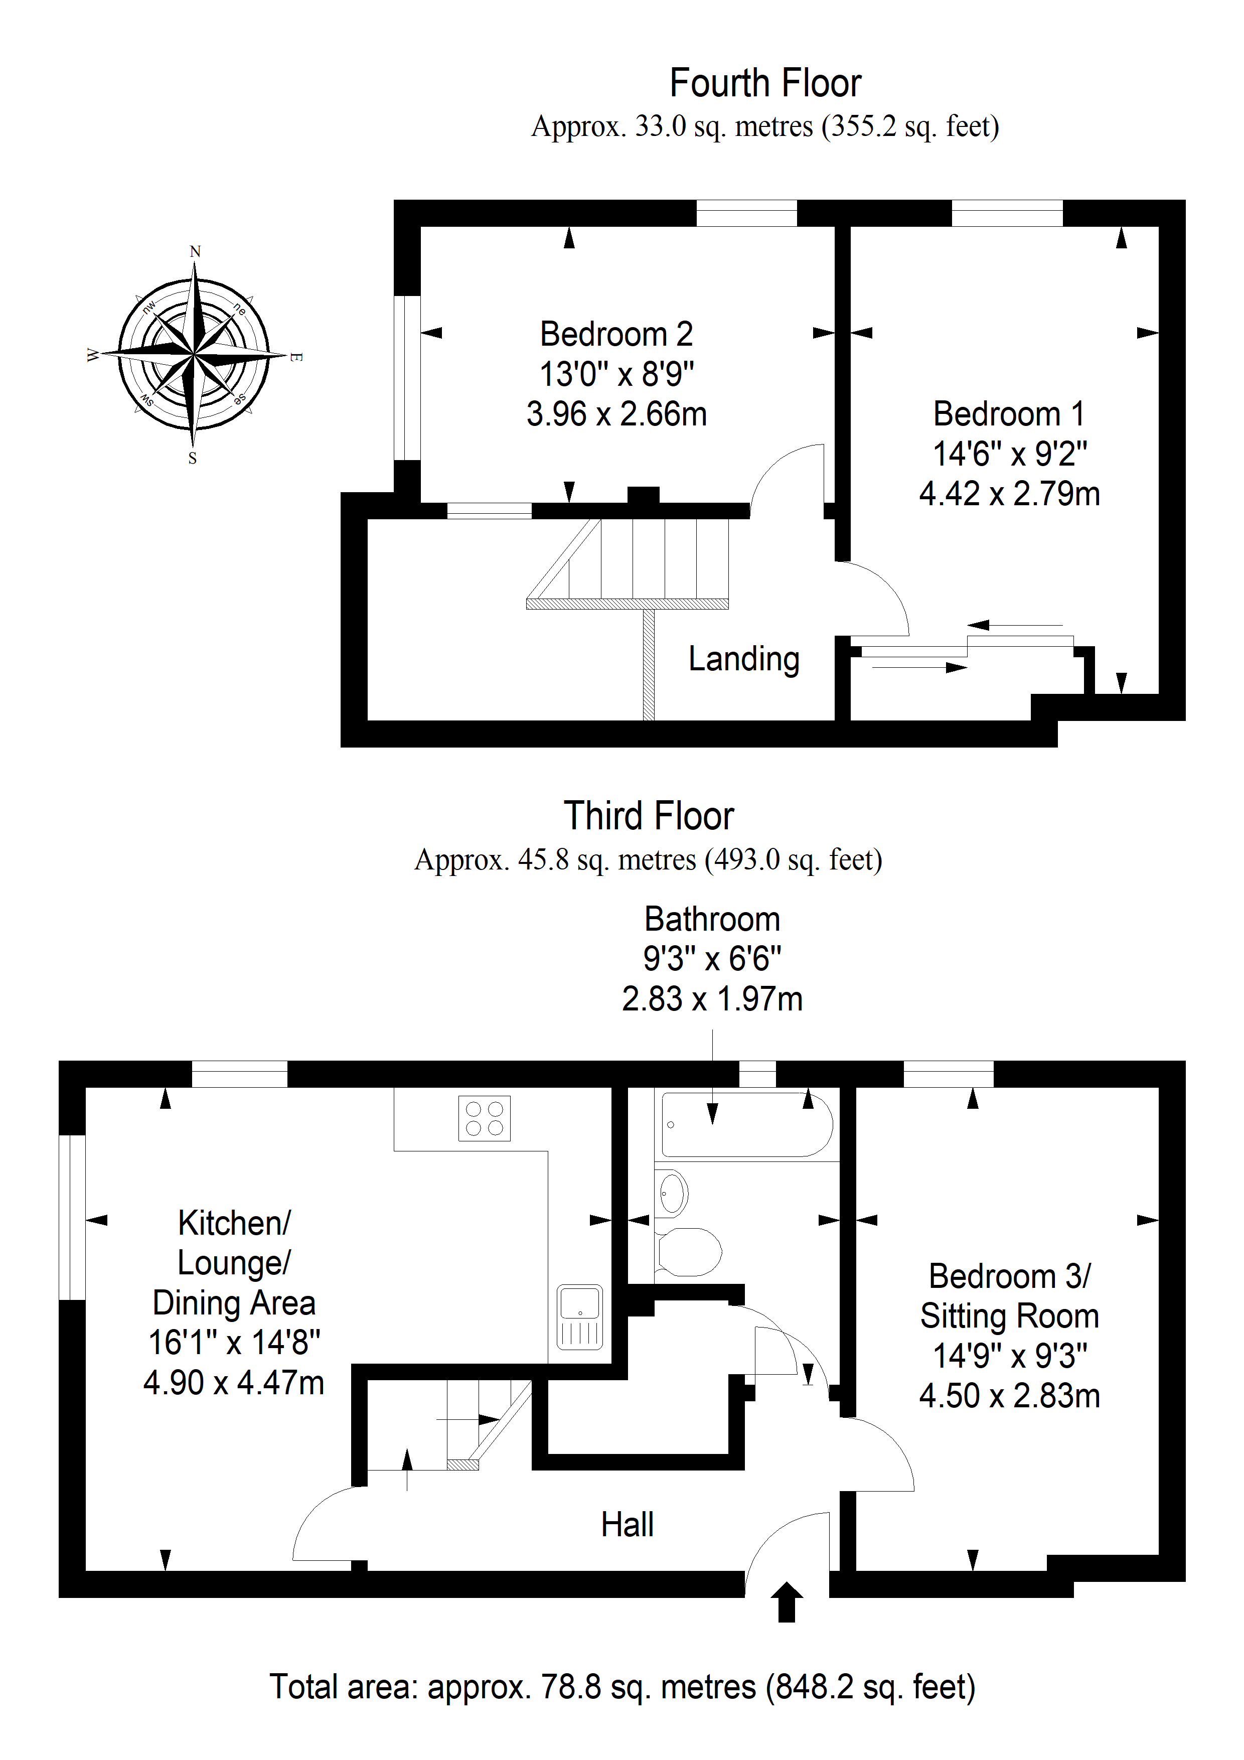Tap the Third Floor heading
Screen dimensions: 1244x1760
click(649, 816)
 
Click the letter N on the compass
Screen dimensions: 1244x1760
click(196, 251)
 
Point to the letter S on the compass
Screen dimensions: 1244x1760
click(193, 459)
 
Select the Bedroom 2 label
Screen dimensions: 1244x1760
click(616, 334)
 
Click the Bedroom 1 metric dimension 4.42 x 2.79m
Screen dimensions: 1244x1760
click(1009, 494)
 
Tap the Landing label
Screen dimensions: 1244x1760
click(743, 659)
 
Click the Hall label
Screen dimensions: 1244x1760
click(627, 1525)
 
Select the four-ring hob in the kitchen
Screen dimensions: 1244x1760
click(485, 1118)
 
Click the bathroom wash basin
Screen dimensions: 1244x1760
click(672, 1194)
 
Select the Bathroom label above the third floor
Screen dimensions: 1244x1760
click(712, 919)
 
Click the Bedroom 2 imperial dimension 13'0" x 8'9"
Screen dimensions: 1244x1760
click(616, 374)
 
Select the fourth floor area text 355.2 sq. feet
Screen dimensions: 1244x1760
click(910, 126)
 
